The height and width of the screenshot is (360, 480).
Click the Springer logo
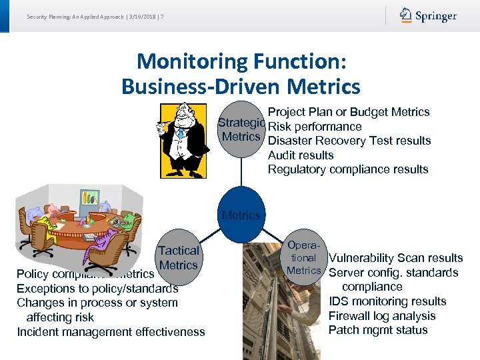click(x=428, y=16)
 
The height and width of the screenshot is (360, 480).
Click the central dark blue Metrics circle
click(x=241, y=215)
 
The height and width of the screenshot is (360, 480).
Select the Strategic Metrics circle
click(x=242, y=130)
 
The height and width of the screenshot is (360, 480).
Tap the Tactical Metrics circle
click(x=178, y=258)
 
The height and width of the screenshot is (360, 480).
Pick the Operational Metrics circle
click(x=303, y=258)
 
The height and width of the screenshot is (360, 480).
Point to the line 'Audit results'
click(x=301, y=155)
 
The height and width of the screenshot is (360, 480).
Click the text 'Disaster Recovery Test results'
click(x=349, y=141)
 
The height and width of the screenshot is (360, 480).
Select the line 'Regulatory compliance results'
click(x=347, y=169)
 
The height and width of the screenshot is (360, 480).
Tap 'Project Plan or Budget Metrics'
click(x=348, y=112)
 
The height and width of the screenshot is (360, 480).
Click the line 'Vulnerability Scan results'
click(x=396, y=258)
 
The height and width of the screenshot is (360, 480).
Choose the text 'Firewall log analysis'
click(x=382, y=316)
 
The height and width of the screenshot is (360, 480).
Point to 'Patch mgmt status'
click(x=378, y=330)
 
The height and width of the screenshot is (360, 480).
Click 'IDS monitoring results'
click(x=387, y=301)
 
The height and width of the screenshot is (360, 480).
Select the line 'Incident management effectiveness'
click(x=111, y=332)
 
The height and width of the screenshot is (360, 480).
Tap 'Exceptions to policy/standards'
click(x=97, y=289)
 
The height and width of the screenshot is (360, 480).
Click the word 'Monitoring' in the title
click(x=192, y=62)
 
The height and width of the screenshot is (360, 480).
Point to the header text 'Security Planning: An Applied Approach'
click(x=71, y=16)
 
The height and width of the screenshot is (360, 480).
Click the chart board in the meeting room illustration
click(x=88, y=197)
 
